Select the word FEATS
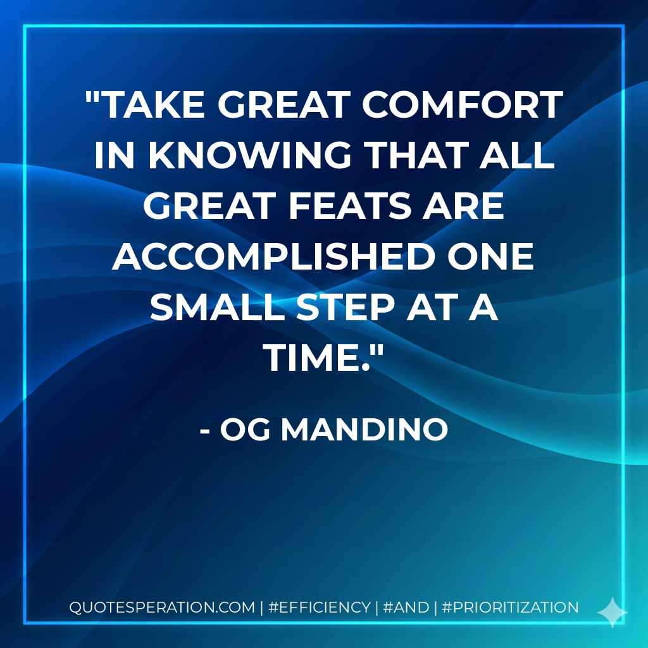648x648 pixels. pyautogui.click(x=366, y=206)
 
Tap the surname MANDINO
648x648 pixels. pyautogui.click(x=364, y=430)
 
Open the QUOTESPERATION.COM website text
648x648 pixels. pyautogui.click(x=161, y=607)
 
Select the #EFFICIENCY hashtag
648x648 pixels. pyautogui.click(x=320, y=607)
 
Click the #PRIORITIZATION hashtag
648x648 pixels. pyautogui.click(x=510, y=607)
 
